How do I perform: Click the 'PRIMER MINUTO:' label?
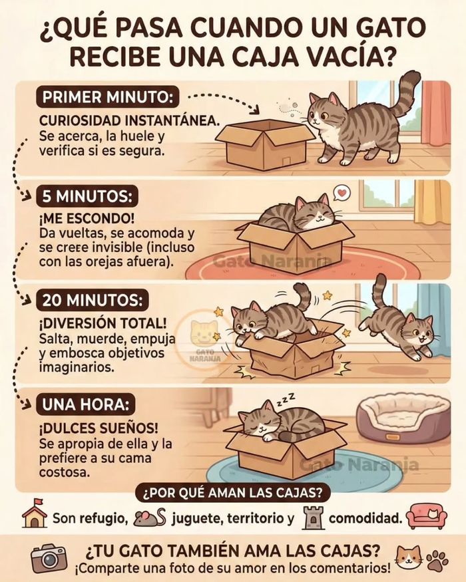click(x=107, y=97)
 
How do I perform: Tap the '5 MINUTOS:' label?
click(x=89, y=197)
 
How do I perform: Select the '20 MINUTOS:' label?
click(x=92, y=300)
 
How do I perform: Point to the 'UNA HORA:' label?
click(x=87, y=404)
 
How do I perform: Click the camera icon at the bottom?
click(x=49, y=558)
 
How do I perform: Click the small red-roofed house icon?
click(x=34, y=515)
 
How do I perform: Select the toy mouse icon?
click(x=150, y=517)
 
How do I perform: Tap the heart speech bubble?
click(x=341, y=194)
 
